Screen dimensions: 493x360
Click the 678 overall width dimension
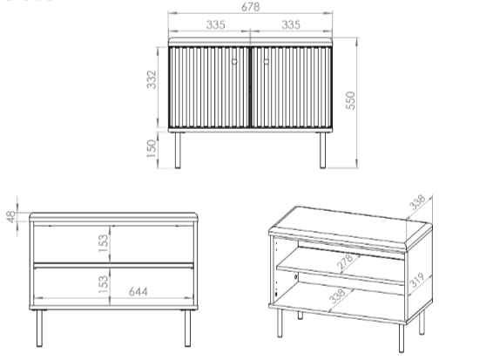tap(251, 7)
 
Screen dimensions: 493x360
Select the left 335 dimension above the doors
tap(216, 24)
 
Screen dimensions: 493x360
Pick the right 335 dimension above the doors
tap(291, 24)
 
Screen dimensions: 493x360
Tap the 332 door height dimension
tap(152, 79)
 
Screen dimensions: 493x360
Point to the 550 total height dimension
tap(350, 101)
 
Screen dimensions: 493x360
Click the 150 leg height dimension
tap(152, 149)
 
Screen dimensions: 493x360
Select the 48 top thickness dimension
tap(11, 217)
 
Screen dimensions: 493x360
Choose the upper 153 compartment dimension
tap(103, 243)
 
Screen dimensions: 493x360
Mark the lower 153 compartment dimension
tap(103, 284)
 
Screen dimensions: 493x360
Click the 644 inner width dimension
tap(138, 292)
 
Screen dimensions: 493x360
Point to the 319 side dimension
tap(417, 281)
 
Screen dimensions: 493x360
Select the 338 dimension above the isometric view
tap(417, 202)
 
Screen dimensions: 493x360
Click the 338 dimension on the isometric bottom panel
tap(336, 296)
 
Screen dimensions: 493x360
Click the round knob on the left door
tap(234, 62)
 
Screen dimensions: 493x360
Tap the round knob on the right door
tap(267, 62)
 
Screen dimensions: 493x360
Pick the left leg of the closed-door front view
tap(178, 150)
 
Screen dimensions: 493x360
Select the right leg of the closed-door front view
tap(322, 150)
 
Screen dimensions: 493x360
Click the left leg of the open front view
tap(39, 329)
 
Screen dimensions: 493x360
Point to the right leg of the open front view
tap(187, 329)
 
